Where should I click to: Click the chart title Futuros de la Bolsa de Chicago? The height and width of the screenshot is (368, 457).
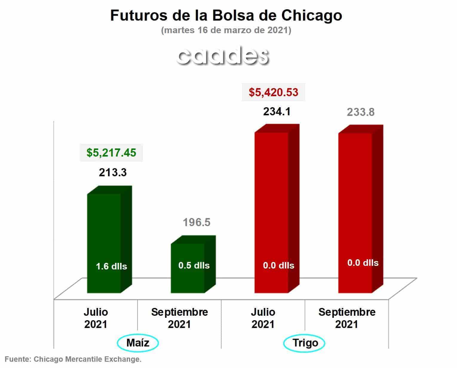pos(226,16)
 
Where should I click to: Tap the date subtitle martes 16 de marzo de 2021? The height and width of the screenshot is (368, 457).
pos(226,30)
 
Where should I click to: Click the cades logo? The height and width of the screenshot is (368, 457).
pos(223,56)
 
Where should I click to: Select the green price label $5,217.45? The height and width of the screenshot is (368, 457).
pos(111,153)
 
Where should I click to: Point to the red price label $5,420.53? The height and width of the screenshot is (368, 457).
pos(274,92)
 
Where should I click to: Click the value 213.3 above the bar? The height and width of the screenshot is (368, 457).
pos(113,172)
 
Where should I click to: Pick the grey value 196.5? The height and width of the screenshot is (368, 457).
pos(197,222)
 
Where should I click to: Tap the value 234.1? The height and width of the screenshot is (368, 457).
pos(277,112)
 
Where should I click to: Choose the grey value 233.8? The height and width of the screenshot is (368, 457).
pos(361,112)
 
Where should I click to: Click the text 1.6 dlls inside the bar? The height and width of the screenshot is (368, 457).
pos(111,266)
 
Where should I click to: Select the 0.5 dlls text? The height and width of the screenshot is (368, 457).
pos(194,266)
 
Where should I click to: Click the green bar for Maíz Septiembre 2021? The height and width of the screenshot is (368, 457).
pos(193,264)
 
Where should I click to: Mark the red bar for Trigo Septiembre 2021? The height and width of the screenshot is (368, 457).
pos(361,209)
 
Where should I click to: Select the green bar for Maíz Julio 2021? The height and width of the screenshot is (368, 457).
pos(110,239)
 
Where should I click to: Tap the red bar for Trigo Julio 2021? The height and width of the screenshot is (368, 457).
pos(277,208)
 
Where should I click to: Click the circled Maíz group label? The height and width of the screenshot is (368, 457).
pos(138,343)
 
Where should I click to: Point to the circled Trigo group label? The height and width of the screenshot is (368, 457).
pos(304,343)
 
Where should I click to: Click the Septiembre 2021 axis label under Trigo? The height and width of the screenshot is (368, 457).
pos(347,318)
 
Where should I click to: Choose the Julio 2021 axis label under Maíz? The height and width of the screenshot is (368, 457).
pos(96,318)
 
